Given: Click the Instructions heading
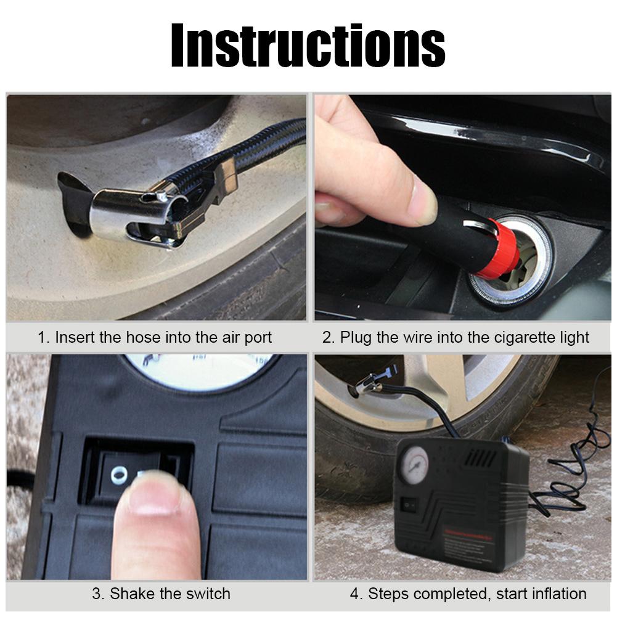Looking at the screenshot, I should pyautogui.click(x=308, y=46).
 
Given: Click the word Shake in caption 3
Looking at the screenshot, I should pyautogui.click(x=131, y=594).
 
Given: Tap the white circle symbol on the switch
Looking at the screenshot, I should pyautogui.click(x=118, y=474).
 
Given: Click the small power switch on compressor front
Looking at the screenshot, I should pyautogui.click(x=408, y=505).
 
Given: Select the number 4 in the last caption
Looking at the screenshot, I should pyautogui.click(x=354, y=594).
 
